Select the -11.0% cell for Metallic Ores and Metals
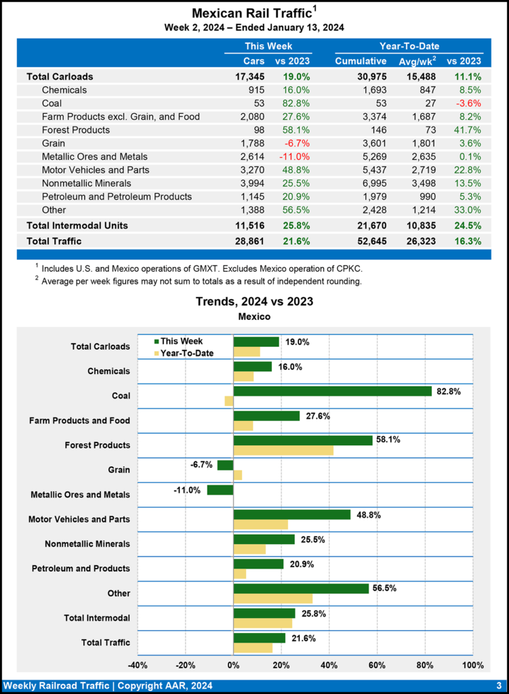pos(296,157)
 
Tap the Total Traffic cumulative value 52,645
pos(370,241)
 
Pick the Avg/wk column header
pos(417,62)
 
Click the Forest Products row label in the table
pos(75,129)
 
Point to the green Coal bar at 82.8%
pos(332,391)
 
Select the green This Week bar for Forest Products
pos(303,441)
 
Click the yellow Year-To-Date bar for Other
pos(273,598)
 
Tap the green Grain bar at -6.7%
pos(225,465)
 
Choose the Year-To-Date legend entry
pos(186,353)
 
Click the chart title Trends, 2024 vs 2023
pos(254,302)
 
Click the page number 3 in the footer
pos(498,685)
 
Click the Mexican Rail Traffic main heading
pos(251,14)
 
